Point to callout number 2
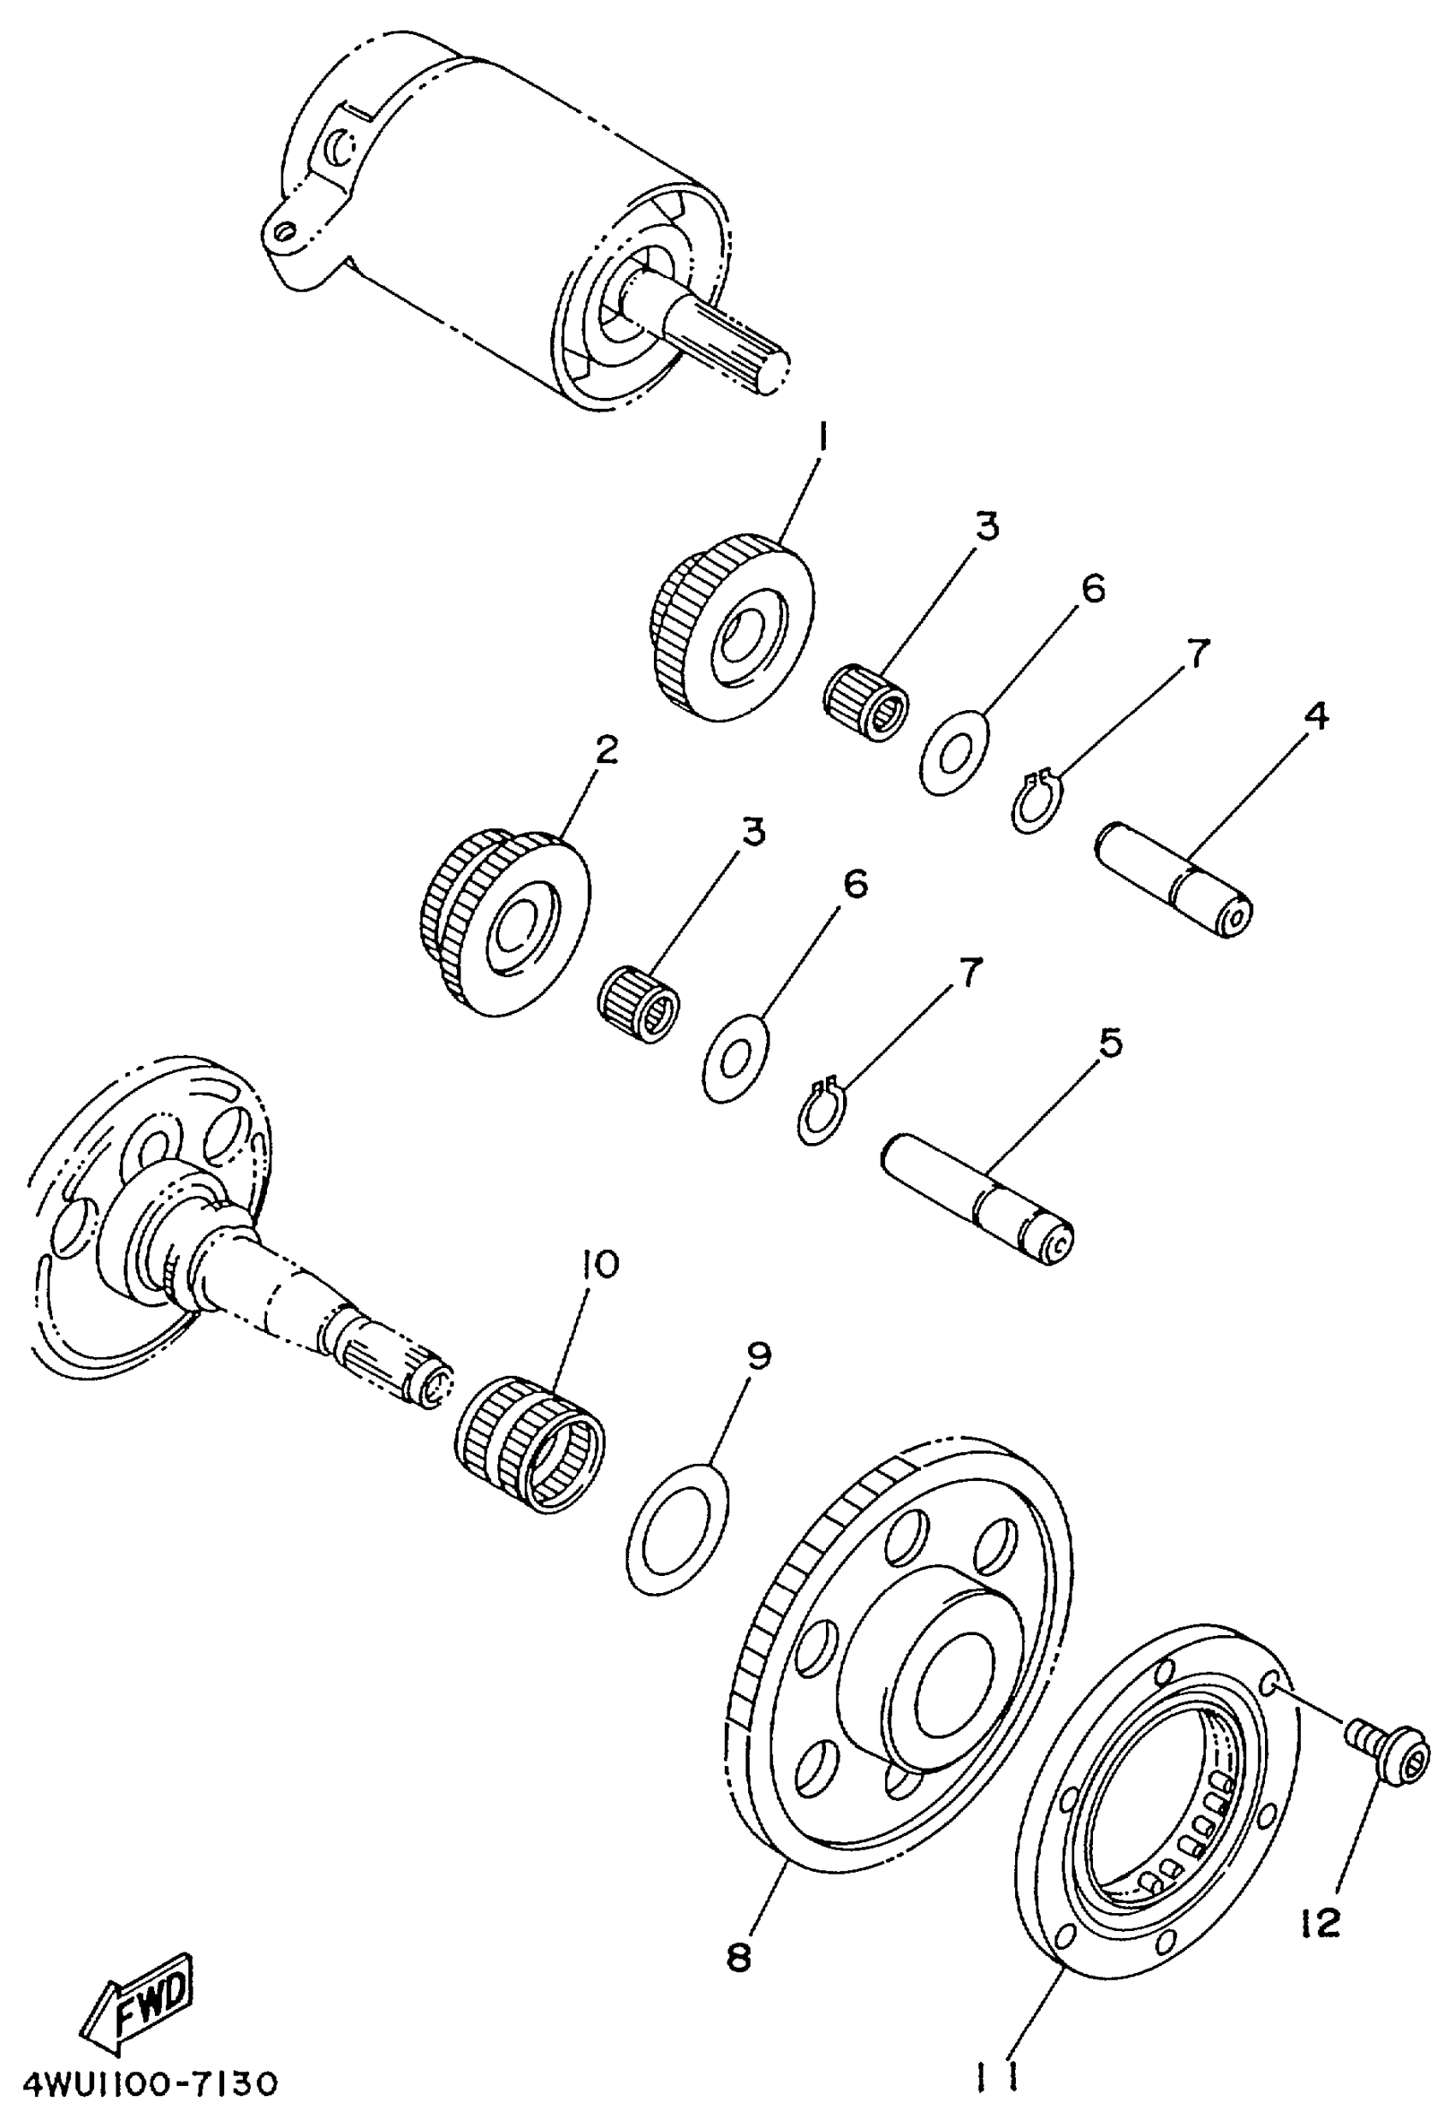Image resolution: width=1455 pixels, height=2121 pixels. tap(605, 750)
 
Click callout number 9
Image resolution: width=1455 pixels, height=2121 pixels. tap(759, 1356)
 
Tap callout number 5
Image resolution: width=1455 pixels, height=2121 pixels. tap(1110, 1043)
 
